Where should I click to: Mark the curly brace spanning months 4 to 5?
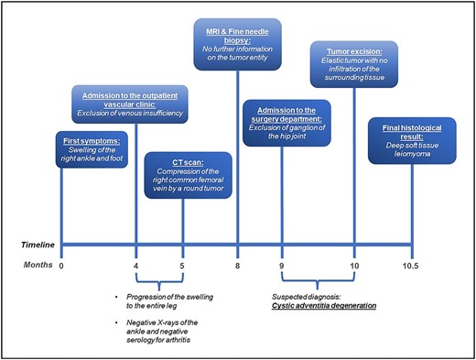pos(159,281)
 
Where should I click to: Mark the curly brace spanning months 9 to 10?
pos(318,281)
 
